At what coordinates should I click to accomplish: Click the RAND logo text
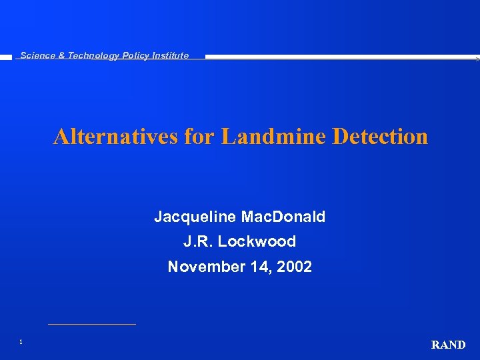click(x=448, y=345)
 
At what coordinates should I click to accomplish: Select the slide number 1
click(x=21, y=342)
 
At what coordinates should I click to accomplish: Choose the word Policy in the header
click(x=135, y=56)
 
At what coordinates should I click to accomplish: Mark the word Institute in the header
click(x=171, y=56)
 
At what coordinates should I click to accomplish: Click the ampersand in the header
click(x=61, y=56)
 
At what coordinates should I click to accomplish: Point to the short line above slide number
click(x=91, y=324)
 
